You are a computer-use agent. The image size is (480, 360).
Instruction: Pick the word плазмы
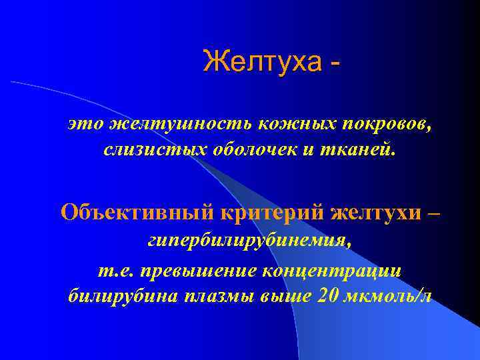pos(219,295)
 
